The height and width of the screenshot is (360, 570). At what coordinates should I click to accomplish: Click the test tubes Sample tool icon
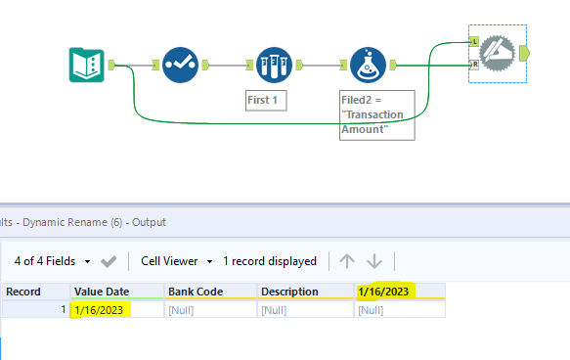tap(275, 65)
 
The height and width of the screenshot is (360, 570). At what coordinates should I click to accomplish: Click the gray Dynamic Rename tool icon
tap(499, 53)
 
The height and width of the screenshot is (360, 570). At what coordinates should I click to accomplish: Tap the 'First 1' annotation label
tap(266, 100)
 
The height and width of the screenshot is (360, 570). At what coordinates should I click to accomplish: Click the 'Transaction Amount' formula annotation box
tap(377, 114)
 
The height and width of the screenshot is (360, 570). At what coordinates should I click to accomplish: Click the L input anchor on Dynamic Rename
tap(474, 41)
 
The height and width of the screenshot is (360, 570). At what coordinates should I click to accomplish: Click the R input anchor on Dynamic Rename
tap(474, 65)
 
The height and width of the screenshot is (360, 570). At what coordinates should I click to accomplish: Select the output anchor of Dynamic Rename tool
tap(526, 53)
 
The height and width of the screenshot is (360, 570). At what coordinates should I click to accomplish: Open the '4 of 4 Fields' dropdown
tap(53, 261)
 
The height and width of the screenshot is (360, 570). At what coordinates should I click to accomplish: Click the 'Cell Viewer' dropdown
tap(177, 261)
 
